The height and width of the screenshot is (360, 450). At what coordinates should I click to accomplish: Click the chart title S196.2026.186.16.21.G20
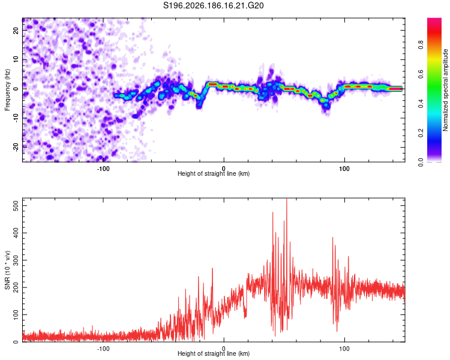(x=213, y=5)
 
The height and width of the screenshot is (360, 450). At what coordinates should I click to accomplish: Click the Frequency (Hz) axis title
(x=7, y=90)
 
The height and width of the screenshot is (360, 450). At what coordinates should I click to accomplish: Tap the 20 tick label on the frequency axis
(x=16, y=30)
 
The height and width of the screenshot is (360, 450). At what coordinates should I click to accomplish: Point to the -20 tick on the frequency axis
(x=16, y=147)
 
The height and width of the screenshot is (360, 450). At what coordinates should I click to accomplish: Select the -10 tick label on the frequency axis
(x=16, y=118)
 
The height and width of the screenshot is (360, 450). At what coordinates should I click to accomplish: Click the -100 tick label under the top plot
(x=103, y=169)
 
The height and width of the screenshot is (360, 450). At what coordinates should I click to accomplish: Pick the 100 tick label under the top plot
(x=344, y=169)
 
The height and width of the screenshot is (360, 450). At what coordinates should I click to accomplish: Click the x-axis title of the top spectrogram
(x=214, y=173)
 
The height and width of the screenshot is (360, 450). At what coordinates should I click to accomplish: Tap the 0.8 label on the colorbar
(x=421, y=45)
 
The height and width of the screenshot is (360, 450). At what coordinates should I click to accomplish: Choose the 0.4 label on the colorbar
(x=421, y=103)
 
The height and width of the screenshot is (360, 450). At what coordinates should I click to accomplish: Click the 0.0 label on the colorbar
(x=421, y=162)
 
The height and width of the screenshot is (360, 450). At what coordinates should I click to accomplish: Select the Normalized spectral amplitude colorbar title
(x=445, y=90)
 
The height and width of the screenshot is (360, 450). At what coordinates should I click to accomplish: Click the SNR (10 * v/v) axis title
(x=7, y=270)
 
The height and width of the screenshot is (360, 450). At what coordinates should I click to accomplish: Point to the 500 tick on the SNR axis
(x=16, y=206)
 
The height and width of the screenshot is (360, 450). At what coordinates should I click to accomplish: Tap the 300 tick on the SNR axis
(x=16, y=260)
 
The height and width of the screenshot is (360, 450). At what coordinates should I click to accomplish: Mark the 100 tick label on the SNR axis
(x=16, y=314)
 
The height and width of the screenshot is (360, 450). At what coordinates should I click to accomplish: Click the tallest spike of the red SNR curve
(x=287, y=199)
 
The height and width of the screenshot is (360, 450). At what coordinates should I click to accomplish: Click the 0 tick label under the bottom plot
(x=224, y=349)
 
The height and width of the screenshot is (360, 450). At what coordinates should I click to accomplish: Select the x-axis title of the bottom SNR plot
(x=214, y=353)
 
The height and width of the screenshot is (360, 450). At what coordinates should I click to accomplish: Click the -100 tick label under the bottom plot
(x=103, y=349)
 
